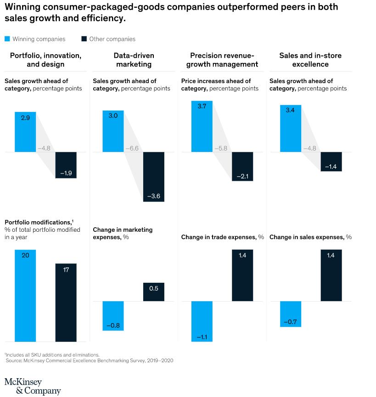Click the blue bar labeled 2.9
point(25,132)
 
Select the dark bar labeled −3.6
point(154,177)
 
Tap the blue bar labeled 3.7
point(202,126)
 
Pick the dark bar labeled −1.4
point(331,162)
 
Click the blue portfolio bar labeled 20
point(25,296)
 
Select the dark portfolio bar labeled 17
point(66,302)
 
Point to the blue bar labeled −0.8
point(113,316)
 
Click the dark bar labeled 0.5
point(154,292)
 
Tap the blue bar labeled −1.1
point(202,321)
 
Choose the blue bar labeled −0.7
point(290,314)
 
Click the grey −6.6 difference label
point(132,149)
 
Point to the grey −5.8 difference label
point(221,149)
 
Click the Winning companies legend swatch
point(7,39)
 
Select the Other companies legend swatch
point(84,39)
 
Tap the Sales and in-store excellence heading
point(310,60)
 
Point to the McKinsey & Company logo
point(32,386)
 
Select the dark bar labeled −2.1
point(242,166)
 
